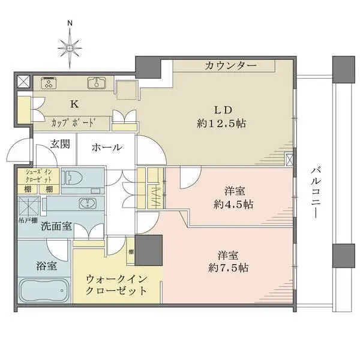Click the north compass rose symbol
pyautogui.click(x=70, y=46)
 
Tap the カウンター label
pyautogui.click(x=230, y=65)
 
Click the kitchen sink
pyautogui.click(x=96, y=83)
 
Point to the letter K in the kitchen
pyautogui.click(x=74, y=104)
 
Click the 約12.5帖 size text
pyautogui.click(x=222, y=124)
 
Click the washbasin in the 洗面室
pyautogui.click(x=89, y=203)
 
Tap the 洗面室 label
pyautogui.click(x=57, y=227)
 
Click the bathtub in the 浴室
pyautogui.click(x=45, y=291)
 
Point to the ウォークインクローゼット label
pyautogui.click(x=116, y=284)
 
